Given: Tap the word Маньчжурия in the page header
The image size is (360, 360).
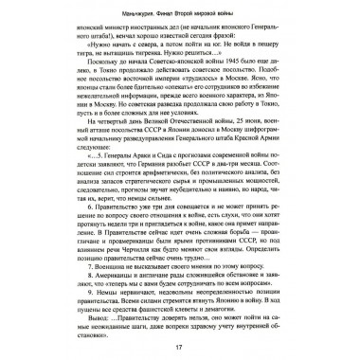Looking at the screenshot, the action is (104, 11).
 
